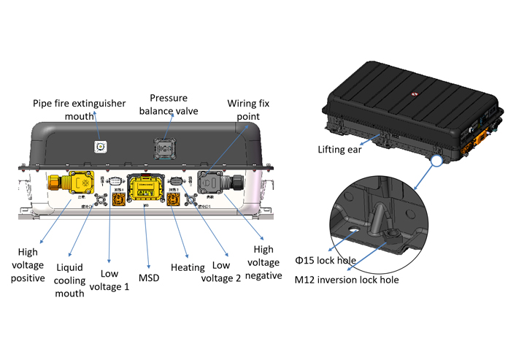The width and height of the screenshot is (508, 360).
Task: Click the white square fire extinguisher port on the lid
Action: (x=99, y=147)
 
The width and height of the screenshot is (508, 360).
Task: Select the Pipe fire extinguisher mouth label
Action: (x=79, y=110)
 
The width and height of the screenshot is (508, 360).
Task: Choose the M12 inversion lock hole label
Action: (x=347, y=279)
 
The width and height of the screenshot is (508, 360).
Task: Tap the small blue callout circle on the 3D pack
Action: (x=439, y=160)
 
